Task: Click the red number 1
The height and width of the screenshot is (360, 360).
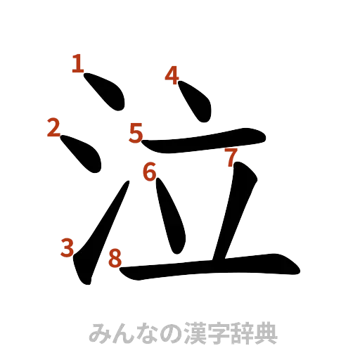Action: click(x=77, y=64)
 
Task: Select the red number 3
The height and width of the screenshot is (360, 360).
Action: click(x=67, y=247)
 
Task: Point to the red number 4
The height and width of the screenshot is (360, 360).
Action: click(x=172, y=74)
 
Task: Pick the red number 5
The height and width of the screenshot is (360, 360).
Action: click(x=136, y=131)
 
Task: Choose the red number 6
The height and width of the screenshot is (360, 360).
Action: click(x=148, y=171)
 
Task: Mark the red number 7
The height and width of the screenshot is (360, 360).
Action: click(x=230, y=157)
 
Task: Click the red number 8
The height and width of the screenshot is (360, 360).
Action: click(x=114, y=259)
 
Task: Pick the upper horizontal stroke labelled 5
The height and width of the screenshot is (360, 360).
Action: click(x=204, y=139)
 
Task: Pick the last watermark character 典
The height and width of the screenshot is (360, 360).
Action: click(x=269, y=333)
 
